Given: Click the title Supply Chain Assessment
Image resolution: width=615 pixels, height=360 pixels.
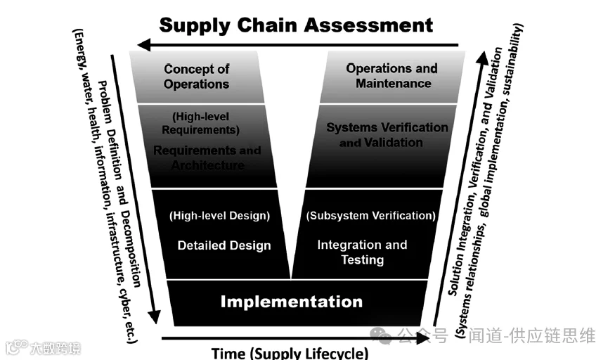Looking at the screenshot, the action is pos(295,25).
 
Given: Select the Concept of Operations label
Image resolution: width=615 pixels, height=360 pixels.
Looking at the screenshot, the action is pos(196,76).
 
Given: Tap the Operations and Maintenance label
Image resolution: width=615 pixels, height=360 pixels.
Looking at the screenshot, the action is pos(392,76).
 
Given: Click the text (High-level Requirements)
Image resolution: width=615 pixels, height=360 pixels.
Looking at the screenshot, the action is pos(200,123).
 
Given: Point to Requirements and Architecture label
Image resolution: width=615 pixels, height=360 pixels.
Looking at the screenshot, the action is pos(207,157).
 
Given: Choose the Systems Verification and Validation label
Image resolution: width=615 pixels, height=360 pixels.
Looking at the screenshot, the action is pos(387,134).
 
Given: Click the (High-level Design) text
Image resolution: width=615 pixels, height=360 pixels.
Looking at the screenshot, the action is pos(219,216).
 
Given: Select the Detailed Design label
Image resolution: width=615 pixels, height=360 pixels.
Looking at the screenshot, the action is pos(224,245).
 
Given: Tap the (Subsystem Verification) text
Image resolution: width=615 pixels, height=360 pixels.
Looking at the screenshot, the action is pos(370,215).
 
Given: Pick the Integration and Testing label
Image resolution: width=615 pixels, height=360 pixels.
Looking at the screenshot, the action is pos(362,252).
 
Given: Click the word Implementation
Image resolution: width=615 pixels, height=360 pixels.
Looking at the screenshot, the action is pos(292,302).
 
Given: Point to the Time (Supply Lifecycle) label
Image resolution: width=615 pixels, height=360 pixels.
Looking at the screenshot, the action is pos(290,352).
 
